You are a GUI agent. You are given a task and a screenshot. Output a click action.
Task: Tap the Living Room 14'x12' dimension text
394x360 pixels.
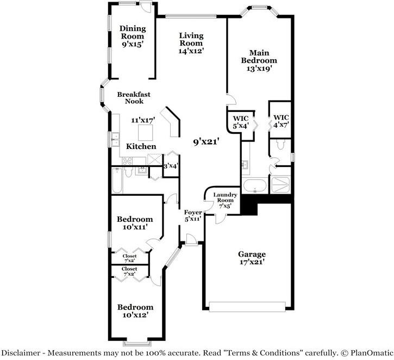(x=191, y=51)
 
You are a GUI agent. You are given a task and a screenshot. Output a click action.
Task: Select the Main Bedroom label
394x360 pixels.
(x=259, y=57)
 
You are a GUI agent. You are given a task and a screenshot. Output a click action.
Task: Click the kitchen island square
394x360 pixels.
(x=145, y=132)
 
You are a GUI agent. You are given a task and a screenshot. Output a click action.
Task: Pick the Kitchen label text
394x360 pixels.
(x=141, y=146)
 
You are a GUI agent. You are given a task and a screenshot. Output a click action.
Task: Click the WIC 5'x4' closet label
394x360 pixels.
(x=240, y=122)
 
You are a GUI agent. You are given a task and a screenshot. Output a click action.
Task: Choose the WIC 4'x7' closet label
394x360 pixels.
(x=281, y=121)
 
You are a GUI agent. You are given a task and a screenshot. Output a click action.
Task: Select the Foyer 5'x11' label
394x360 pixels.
(x=193, y=215)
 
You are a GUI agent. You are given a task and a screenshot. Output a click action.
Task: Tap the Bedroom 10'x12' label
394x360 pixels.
(x=135, y=311)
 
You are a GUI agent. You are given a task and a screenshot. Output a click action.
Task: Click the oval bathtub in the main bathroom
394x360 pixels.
(x=254, y=187)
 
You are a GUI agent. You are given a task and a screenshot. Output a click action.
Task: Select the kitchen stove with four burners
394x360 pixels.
(x=128, y=160)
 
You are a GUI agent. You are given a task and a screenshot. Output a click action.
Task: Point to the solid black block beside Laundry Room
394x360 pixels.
(x=249, y=205)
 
